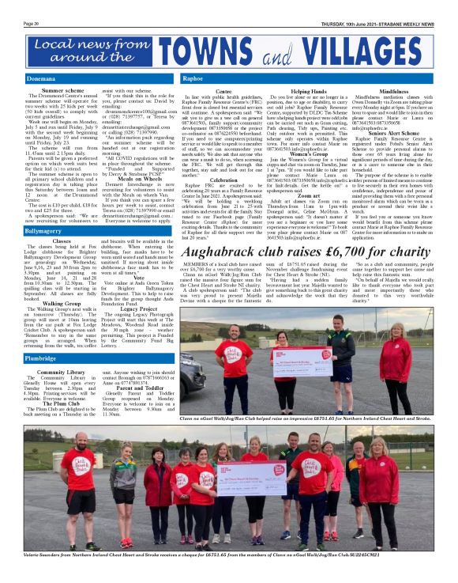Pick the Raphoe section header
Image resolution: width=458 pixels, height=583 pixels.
[193, 79]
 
